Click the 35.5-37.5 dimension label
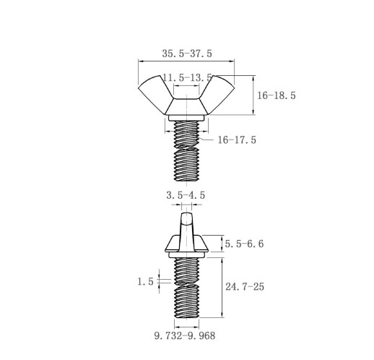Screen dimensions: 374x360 tap(187, 53)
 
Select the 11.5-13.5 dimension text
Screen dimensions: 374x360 tap(187, 77)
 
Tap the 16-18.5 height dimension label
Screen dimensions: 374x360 tap(277, 95)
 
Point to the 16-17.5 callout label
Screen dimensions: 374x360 tap(237, 140)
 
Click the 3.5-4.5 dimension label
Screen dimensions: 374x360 tap(186, 195)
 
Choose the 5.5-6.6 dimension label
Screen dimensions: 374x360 tap(244, 244)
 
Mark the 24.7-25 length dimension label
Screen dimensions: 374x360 tap(245, 286)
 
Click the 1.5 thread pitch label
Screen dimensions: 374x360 tap(145, 281)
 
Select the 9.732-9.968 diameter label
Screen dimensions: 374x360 tap(185, 335)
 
